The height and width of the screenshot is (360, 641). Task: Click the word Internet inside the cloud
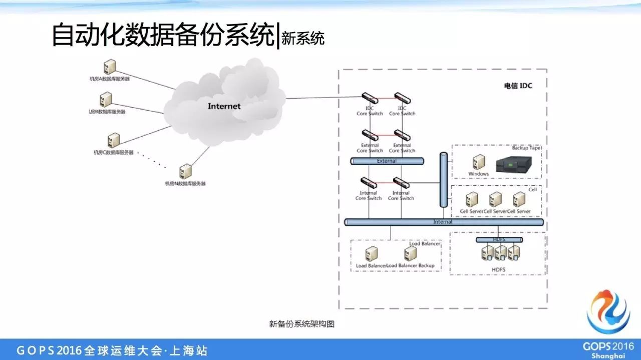(x=224, y=106)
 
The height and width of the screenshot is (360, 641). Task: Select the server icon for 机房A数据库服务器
(x=109, y=67)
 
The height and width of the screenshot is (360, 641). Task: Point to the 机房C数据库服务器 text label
(x=114, y=152)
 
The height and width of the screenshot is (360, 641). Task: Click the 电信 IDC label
(x=518, y=86)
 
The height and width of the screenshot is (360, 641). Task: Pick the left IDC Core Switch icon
(x=370, y=98)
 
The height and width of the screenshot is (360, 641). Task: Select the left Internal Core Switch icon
(x=369, y=183)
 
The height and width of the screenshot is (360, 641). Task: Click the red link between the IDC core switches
(x=386, y=98)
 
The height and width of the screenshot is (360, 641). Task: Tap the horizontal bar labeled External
(x=387, y=161)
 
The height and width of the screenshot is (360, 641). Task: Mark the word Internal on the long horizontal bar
(x=443, y=222)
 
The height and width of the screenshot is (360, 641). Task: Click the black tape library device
(x=513, y=165)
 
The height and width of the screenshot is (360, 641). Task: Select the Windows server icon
(x=479, y=162)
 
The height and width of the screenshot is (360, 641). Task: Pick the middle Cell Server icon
(x=495, y=200)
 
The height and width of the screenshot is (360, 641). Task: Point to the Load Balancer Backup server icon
(x=411, y=253)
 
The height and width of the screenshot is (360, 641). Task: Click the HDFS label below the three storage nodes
(x=498, y=270)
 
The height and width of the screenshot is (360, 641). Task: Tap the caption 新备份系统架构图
(x=301, y=324)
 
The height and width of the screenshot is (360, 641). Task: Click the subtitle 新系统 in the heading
(x=303, y=39)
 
